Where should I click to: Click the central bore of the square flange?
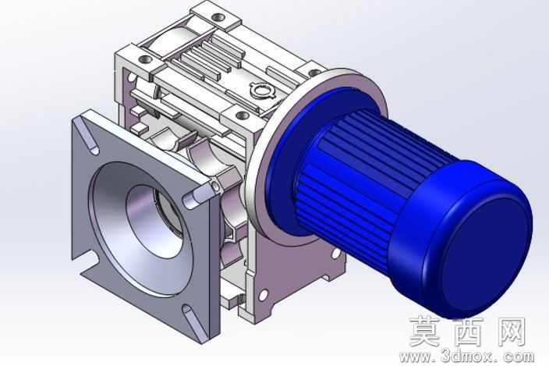coord(154,222)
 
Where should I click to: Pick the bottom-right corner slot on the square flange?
coord(192,322)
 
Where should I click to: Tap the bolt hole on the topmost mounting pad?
coord(220,16)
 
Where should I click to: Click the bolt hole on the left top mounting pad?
coord(144,59)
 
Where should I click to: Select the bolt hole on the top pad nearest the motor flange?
coord(243,115)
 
